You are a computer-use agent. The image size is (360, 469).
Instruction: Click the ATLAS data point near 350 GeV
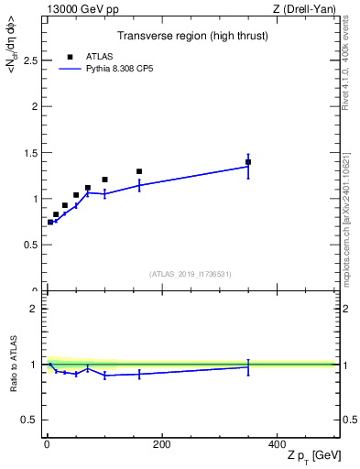pos(248,162)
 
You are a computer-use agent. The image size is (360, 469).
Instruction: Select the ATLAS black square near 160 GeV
pos(139,171)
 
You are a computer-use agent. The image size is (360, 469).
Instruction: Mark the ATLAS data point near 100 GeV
pos(104,180)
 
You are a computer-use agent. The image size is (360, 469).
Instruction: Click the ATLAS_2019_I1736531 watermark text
pos(191,274)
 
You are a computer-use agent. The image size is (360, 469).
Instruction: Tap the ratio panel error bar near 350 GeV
pos(248,366)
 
